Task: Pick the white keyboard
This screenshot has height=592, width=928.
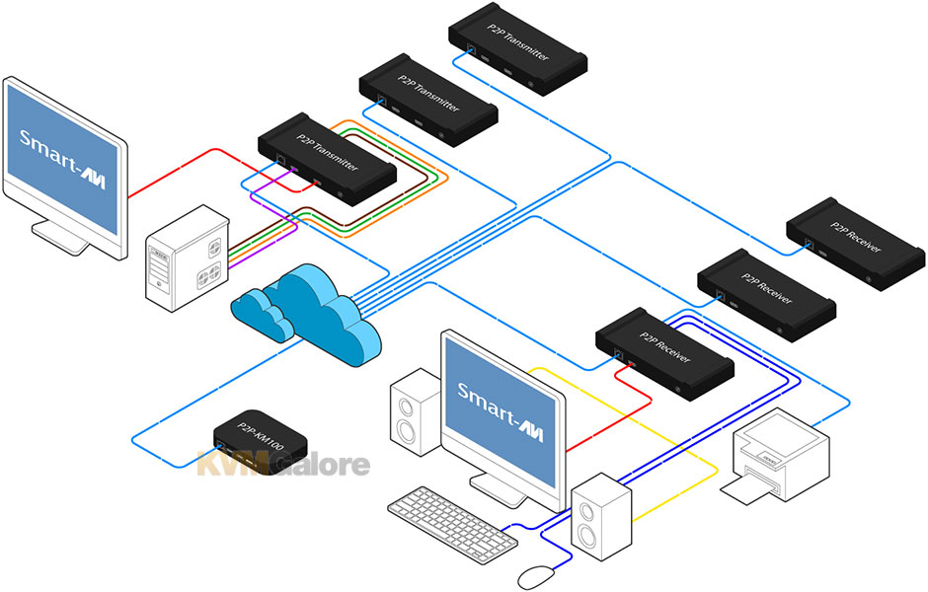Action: pos(450,520)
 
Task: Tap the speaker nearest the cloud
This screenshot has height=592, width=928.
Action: pos(415,412)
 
